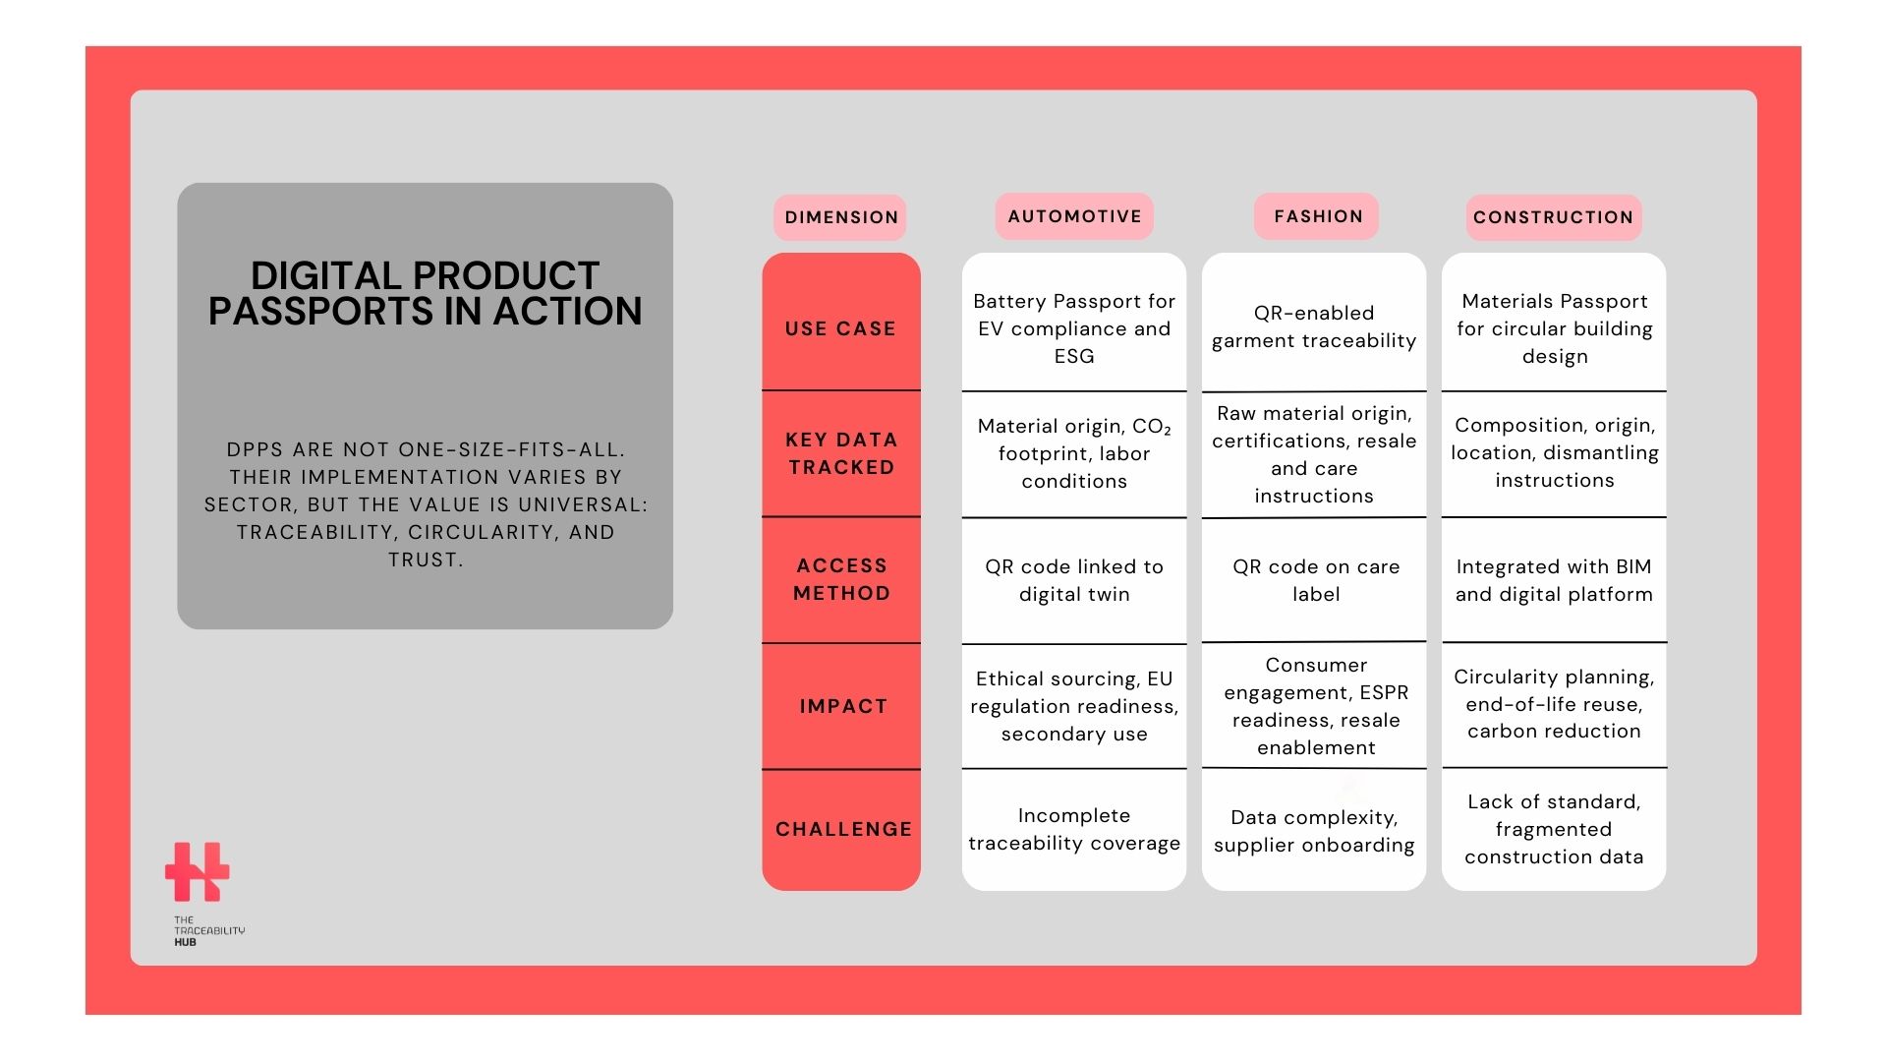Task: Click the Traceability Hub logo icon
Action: point(197,871)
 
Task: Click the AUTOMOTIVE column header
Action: point(1074,216)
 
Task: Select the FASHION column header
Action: point(1317,216)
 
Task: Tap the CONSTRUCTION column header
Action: point(1553,217)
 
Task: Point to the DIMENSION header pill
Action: point(840,217)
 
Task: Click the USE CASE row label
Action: point(840,328)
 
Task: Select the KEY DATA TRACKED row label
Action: point(841,453)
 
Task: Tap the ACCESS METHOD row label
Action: point(841,579)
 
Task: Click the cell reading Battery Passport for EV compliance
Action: point(1074,328)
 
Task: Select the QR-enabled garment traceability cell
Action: point(1314,326)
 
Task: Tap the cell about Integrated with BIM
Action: point(1554,580)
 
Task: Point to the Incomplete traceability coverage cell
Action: point(1074,829)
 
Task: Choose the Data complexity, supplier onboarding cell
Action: point(1314,831)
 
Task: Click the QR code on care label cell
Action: point(1316,580)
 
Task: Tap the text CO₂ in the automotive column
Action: point(1152,427)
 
